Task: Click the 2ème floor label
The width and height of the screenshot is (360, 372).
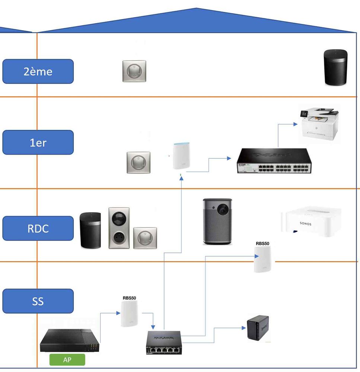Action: coord(38,71)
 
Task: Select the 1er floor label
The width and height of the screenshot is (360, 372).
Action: coord(38,142)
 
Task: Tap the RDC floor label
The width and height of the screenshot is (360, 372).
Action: coord(38,228)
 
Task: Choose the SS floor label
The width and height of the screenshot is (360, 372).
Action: coord(38,301)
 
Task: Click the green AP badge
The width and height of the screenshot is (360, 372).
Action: coord(67,360)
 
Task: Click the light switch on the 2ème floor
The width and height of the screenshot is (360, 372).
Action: coord(134,71)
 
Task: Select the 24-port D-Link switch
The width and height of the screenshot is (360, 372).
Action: coord(274,160)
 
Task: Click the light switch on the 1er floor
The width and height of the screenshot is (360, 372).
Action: coord(138,162)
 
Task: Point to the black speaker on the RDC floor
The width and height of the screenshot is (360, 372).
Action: coord(90,230)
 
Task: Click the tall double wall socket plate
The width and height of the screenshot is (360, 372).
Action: coord(119,228)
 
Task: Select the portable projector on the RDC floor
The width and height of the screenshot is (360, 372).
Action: coord(217,221)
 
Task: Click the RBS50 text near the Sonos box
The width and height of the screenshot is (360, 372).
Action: coord(262,244)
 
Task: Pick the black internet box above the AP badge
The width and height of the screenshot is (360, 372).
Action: coord(70,340)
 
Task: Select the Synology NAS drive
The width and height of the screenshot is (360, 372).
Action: coord(258,327)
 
